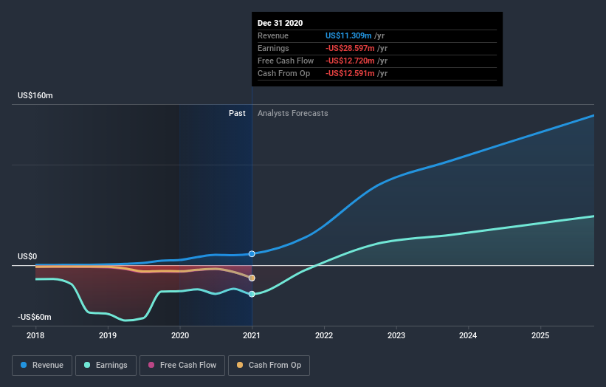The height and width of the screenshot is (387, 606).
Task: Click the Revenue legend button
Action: pyautogui.click(x=43, y=365)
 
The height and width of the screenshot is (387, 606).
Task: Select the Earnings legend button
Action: pyautogui.click(x=106, y=365)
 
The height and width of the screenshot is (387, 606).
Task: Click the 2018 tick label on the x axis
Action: pyautogui.click(x=35, y=335)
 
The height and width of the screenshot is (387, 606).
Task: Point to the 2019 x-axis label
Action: pyautogui.click(x=108, y=335)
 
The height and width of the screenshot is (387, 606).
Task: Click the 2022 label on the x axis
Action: pyautogui.click(x=324, y=335)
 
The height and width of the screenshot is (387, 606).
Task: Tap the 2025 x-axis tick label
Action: pyautogui.click(x=540, y=335)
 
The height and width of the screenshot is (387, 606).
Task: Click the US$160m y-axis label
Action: pyautogui.click(x=36, y=96)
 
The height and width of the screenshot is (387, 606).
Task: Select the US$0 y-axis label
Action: pyautogui.click(x=27, y=256)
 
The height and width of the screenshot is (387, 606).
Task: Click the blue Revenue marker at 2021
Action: pyautogui.click(x=252, y=254)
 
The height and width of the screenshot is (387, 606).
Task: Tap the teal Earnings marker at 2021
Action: pyautogui.click(x=252, y=294)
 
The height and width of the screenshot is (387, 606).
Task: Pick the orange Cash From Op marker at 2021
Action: pyautogui.click(x=252, y=278)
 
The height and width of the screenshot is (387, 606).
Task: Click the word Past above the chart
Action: pyautogui.click(x=237, y=113)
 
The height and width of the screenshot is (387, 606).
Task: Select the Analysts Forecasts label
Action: pyautogui.click(x=293, y=113)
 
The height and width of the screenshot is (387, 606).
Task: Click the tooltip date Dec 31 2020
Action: pyautogui.click(x=280, y=24)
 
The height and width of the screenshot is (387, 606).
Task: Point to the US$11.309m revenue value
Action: pyautogui.click(x=351, y=35)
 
